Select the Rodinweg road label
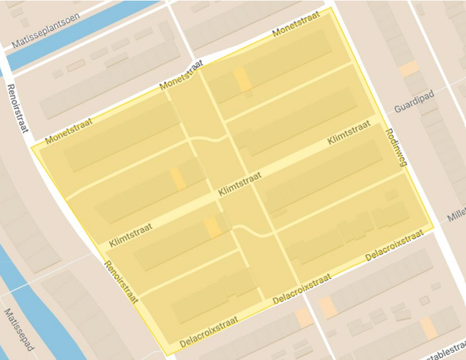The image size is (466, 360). tap(395, 148)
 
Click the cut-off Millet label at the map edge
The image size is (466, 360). tap(455, 216)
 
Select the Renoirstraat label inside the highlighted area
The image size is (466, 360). tap(120, 281)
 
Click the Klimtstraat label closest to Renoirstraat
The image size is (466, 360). tap(132, 234)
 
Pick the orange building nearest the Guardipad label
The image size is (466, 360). tap(409, 69)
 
